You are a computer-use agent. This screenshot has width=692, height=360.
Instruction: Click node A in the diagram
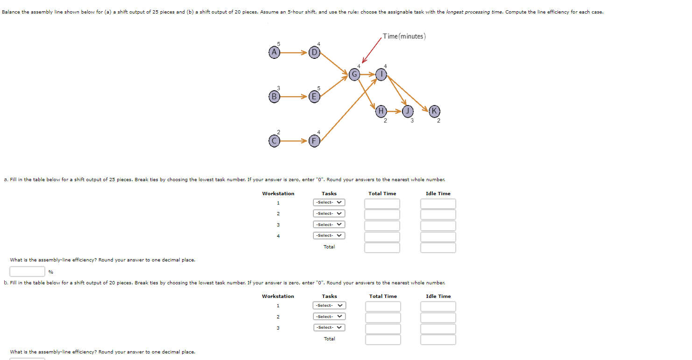tap(275, 53)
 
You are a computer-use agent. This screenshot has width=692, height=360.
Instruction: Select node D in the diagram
tap(314, 53)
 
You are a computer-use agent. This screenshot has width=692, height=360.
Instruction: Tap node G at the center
tap(354, 74)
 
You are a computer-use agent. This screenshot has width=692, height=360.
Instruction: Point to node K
tap(433, 111)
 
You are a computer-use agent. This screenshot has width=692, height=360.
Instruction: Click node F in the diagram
tap(314, 141)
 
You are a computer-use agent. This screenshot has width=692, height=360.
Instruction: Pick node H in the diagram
tap(381, 111)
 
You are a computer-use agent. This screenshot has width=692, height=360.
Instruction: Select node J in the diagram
tap(408, 111)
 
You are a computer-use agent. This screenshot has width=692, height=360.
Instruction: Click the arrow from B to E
tap(294, 97)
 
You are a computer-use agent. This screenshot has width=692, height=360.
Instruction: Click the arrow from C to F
tap(294, 141)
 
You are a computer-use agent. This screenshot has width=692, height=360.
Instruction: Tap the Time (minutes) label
tap(404, 36)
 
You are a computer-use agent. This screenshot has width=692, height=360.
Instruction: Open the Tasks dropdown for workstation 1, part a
tap(329, 203)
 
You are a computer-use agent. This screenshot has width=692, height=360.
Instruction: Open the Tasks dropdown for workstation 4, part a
tap(329, 236)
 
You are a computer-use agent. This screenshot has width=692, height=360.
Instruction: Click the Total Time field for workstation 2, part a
tap(382, 214)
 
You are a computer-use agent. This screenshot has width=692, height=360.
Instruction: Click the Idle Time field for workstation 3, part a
tap(438, 226)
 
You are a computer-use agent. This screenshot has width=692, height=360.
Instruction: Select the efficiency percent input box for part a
tap(27, 271)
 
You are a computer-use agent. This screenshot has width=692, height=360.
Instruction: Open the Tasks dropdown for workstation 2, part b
tap(329, 317)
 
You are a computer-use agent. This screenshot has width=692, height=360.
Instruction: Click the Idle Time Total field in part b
tap(438, 339)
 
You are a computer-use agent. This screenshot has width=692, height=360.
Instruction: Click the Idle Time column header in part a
tap(438, 193)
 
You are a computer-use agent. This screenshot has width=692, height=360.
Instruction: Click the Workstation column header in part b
tap(278, 296)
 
